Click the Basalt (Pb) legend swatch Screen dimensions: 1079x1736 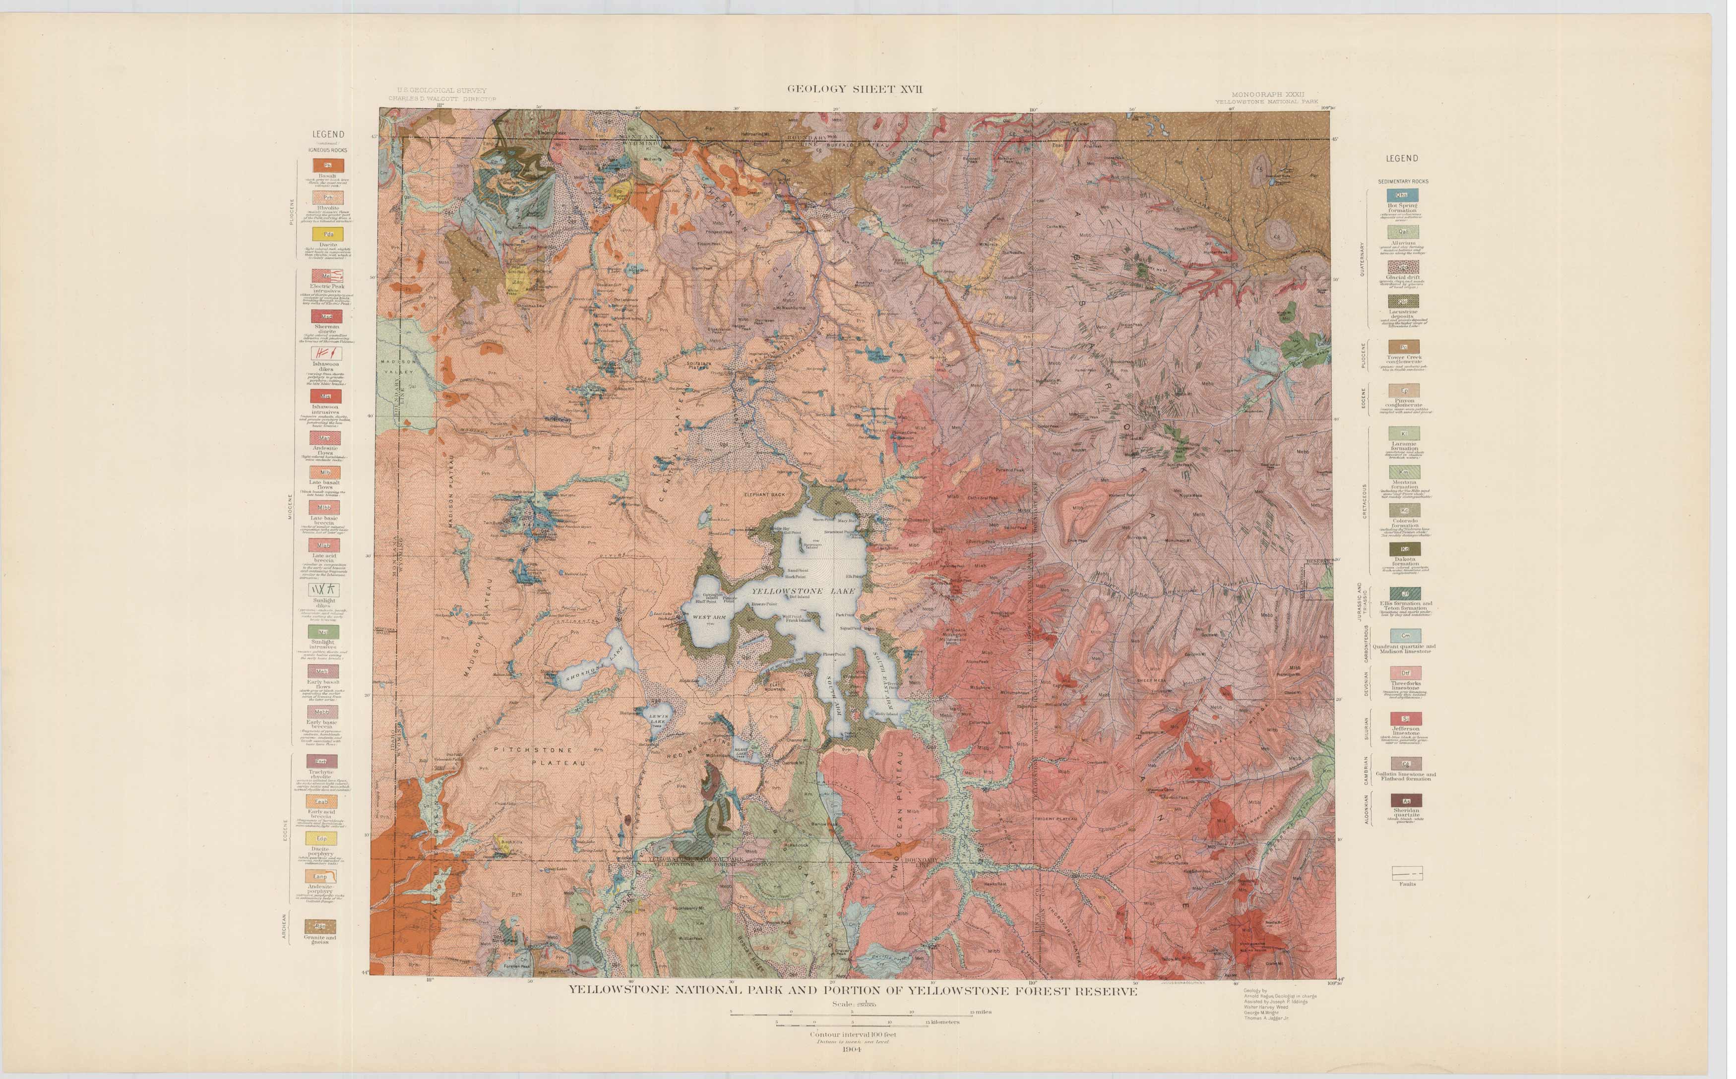tap(328, 166)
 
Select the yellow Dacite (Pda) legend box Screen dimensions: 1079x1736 tap(328, 234)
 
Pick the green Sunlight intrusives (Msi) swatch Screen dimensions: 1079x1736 tap(324, 632)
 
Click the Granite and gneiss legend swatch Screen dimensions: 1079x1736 tap(320, 926)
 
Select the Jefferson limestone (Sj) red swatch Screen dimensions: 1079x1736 tap(1406, 718)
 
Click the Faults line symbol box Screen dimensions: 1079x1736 tap(1407, 873)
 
